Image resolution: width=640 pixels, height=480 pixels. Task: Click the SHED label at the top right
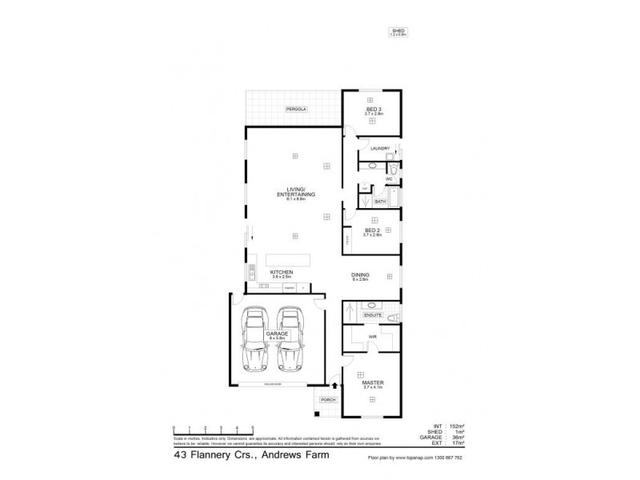pos(398,30)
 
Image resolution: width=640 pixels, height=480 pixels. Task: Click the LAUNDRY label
pos(379,148)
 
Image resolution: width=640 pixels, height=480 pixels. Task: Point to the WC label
pos(389,179)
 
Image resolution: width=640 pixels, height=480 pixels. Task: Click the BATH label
pos(381,202)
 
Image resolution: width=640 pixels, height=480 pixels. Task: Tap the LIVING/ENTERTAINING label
pos(295,192)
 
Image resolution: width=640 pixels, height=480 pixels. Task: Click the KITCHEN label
pos(281,273)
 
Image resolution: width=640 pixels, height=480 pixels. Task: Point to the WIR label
pos(373,337)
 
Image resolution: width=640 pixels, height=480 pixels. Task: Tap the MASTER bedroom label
pos(373,382)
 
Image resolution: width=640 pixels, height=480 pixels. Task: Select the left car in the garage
pos(255,340)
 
